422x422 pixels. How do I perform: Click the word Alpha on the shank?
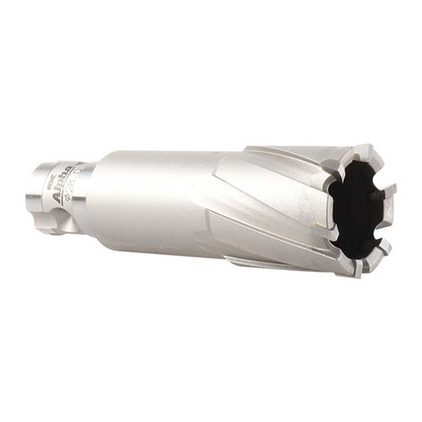tap(62, 185)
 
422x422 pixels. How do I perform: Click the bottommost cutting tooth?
tap(358, 269)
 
